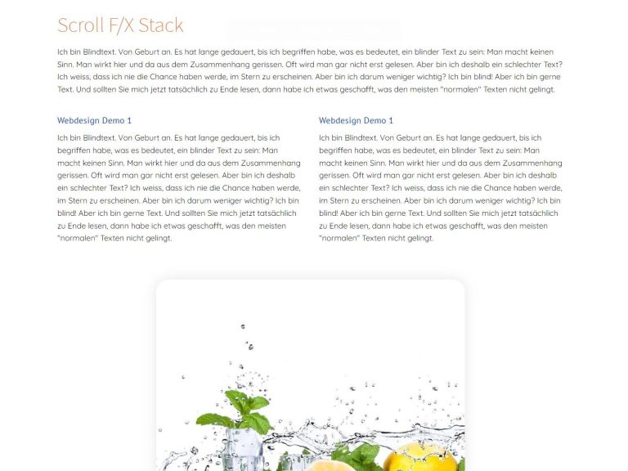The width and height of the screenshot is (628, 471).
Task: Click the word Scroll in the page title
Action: [80, 25]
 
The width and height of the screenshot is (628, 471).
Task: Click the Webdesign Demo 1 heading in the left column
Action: [94, 120]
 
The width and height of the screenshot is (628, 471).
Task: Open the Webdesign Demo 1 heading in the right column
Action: [356, 120]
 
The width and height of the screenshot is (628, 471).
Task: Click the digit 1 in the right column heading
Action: [391, 120]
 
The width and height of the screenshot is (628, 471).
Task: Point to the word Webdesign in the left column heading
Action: [78, 120]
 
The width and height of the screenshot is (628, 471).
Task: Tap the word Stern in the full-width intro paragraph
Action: [250, 77]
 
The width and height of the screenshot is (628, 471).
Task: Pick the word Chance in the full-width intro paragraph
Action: [164, 77]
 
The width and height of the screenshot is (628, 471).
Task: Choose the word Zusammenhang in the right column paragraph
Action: [532, 164]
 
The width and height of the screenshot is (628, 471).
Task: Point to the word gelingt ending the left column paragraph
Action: [159, 239]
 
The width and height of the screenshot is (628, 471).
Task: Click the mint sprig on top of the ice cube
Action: [236, 412]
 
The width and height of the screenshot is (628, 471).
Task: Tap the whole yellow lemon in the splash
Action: [419, 457]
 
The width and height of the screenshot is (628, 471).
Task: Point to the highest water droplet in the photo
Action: [243, 327]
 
